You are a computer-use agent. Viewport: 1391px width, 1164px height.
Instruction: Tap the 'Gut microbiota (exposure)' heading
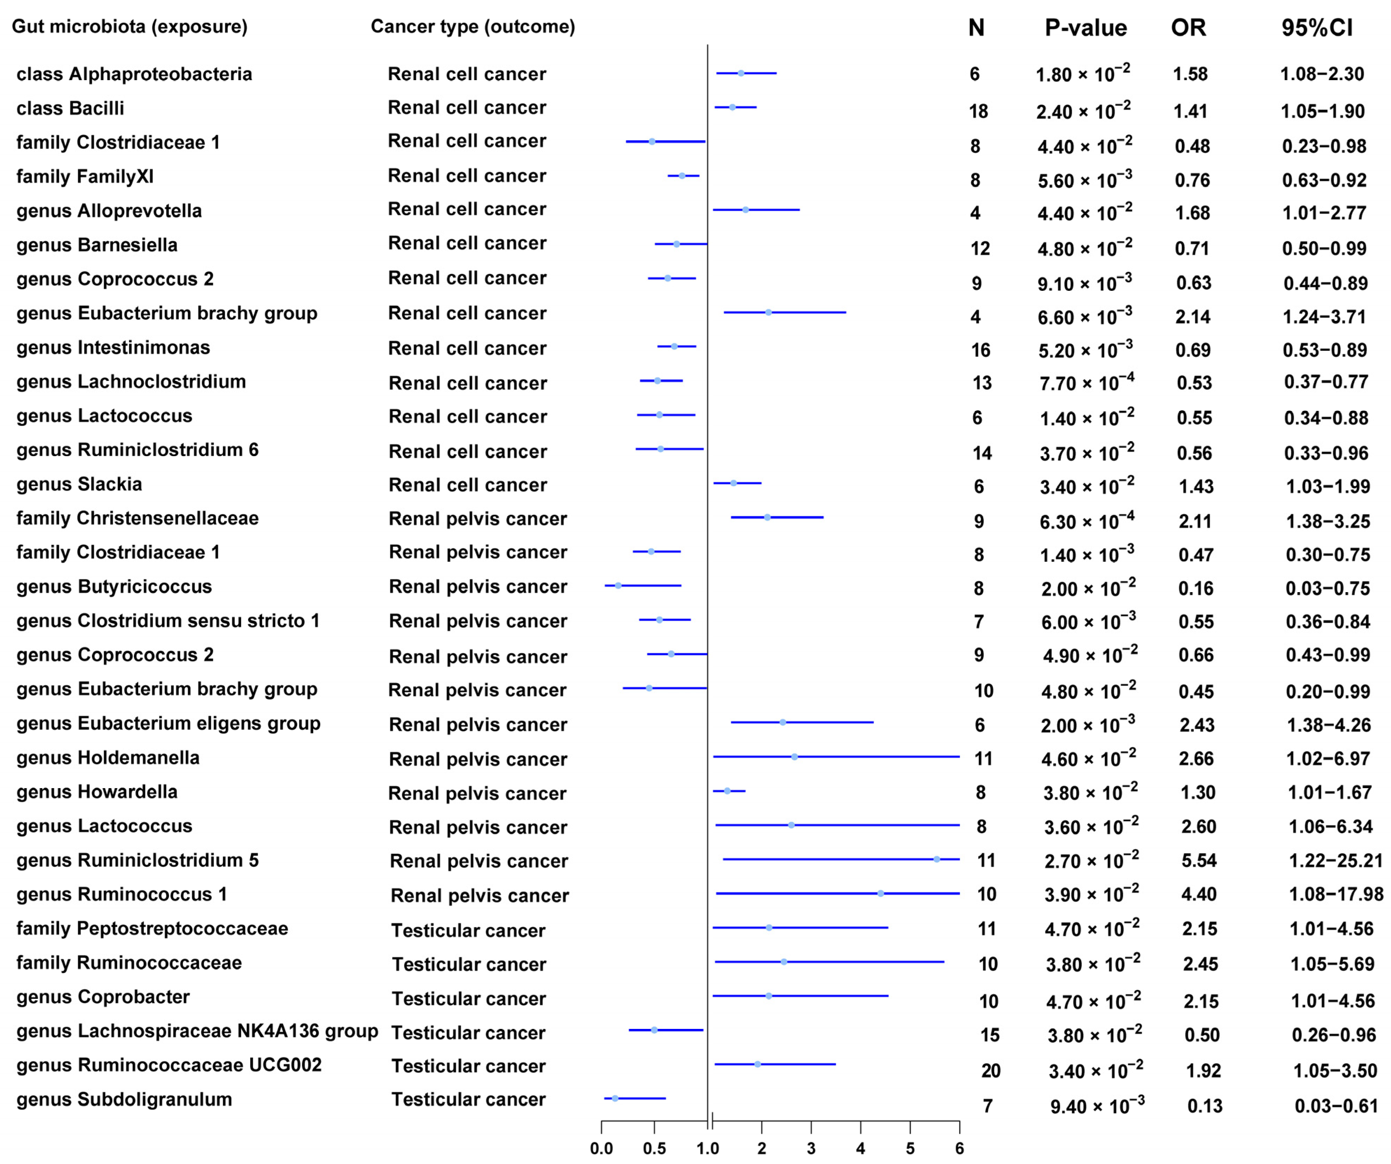pos(130,27)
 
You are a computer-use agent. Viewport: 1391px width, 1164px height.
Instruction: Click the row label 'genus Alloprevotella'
pos(109,211)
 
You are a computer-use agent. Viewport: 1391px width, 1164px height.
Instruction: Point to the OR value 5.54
pos(1199,861)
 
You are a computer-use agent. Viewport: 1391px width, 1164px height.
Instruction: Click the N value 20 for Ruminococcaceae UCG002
pos(990,1071)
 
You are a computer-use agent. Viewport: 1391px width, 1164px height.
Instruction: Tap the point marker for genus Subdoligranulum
pos(615,1099)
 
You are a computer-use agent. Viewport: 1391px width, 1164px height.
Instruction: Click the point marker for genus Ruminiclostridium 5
pos(937,859)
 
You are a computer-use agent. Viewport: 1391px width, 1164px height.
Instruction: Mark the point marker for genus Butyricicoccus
pos(618,585)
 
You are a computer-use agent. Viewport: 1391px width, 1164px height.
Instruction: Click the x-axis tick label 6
pos(959,1149)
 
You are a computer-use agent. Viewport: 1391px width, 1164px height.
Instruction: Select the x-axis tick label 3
pos(811,1149)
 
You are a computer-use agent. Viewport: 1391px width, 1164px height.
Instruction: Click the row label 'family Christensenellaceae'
pos(138,518)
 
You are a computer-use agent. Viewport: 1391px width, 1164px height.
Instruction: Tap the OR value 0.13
pos(1204,1106)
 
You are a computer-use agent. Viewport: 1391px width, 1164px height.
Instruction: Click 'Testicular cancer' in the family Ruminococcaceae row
pos(468,965)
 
